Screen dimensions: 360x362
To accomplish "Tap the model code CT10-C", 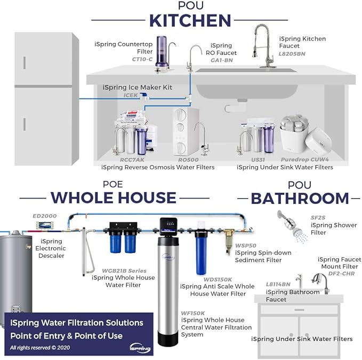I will tap(142, 60).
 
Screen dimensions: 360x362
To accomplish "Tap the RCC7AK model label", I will tap(132, 159).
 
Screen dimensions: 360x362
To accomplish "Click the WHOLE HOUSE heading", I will tap(113, 198).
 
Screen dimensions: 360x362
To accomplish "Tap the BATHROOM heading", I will tap(300, 198).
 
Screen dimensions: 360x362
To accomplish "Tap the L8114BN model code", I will tap(278, 284).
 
